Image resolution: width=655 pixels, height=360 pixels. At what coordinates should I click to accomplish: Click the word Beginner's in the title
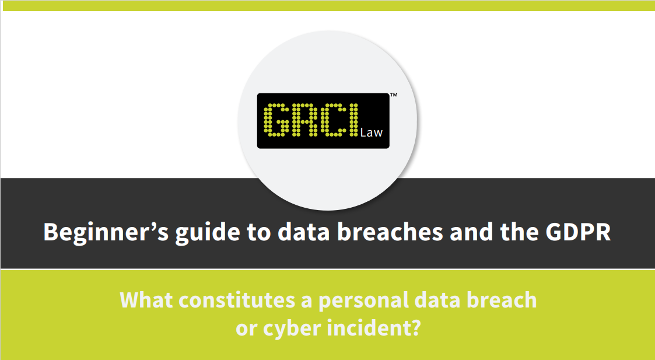(x=106, y=233)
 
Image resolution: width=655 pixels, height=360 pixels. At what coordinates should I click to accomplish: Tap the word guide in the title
(x=208, y=233)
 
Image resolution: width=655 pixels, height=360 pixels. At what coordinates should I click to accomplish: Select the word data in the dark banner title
(x=304, y=232)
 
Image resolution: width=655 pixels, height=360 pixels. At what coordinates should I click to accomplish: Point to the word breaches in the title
(x=390, y=232)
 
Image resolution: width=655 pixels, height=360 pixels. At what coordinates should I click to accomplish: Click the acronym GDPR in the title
(x=578, y=232)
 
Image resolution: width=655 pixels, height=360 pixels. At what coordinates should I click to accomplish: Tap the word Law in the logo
(x=372, y=132)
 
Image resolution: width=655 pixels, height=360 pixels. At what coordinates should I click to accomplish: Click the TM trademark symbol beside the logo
(x=394, y=95)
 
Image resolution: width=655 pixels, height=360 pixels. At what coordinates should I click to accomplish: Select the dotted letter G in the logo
(x=276, y=120)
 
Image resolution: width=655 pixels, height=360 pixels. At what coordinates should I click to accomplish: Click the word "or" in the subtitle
(x=246, y=330)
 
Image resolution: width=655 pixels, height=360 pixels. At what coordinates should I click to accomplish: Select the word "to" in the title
(x=259, y=233)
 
